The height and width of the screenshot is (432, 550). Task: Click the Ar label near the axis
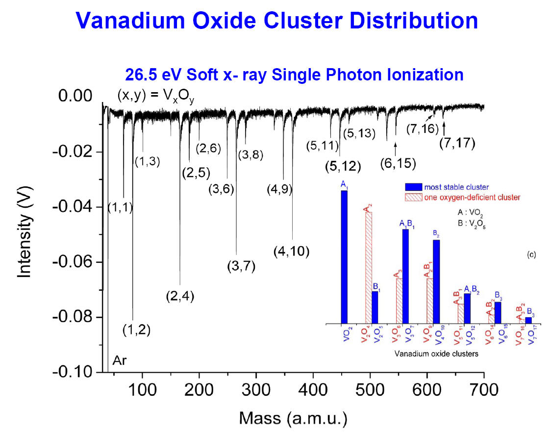click(120, 361)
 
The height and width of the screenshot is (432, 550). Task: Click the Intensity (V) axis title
click(25, 234)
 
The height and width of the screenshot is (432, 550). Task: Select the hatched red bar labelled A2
click(368, 267)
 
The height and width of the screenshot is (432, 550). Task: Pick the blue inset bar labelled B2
click(436, 281)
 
